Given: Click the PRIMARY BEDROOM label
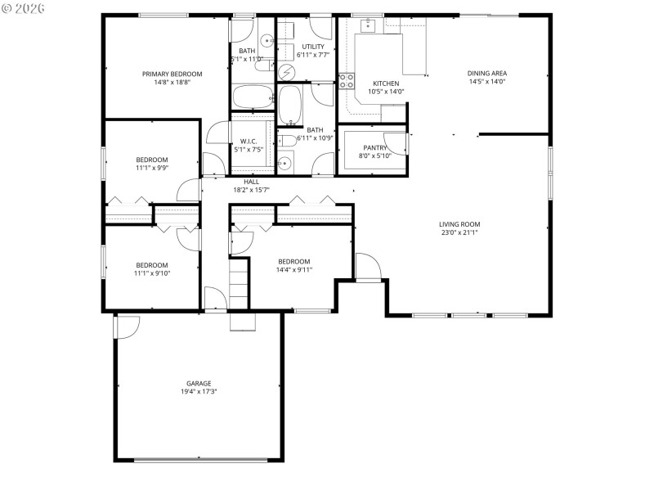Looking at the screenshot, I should (172, 74).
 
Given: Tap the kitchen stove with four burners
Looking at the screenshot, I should (347, 81).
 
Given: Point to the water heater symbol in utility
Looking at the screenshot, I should (287, 72).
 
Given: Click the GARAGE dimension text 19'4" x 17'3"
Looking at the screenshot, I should (199, 392).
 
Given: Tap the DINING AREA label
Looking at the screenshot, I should (488, 74).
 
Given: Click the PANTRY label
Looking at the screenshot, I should (375, 147).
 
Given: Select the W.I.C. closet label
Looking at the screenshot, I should (249, 141).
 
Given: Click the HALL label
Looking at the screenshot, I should (252, 181).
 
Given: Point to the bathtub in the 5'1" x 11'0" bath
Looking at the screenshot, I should (253, 98).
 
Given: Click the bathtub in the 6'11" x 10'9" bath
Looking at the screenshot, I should (290, 103).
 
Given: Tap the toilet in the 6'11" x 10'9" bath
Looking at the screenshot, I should (285, 141).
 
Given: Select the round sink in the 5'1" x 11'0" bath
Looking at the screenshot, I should (267, 41).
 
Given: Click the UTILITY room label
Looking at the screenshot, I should (313, 47).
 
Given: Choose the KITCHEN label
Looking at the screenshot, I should (386, 83).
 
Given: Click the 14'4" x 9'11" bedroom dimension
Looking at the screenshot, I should (294, 270).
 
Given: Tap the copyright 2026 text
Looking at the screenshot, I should (23, 7).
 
